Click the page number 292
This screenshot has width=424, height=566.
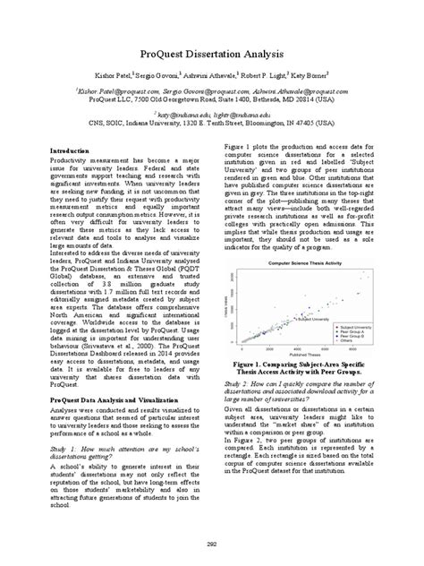coord(211,544)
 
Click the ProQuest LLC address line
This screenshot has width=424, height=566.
coord(211,99)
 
